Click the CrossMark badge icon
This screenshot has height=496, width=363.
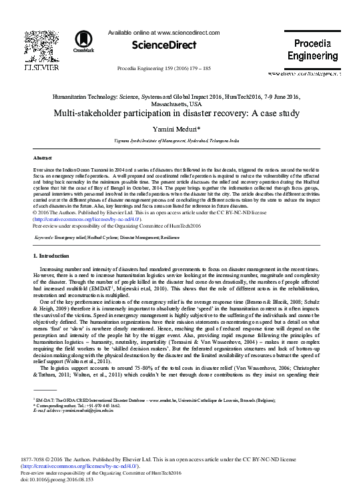coord(84,41)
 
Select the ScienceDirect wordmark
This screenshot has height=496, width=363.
coord(164,45)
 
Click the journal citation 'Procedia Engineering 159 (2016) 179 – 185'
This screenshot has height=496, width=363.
coord(164,68)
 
